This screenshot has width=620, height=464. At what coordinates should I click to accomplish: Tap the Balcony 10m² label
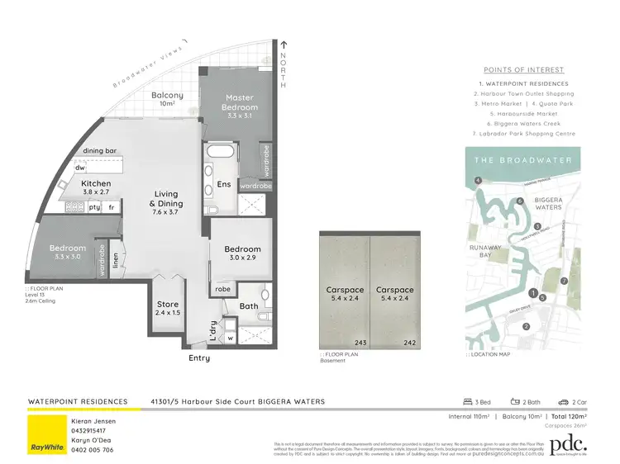click(167, 99)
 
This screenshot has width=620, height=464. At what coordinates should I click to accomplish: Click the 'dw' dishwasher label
click(80, 168)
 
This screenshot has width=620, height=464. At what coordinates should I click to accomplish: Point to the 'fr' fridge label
click(112, 208)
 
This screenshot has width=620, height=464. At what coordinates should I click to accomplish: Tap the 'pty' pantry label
click(94, 208)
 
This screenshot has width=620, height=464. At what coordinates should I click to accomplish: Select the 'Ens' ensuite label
click(223, 184)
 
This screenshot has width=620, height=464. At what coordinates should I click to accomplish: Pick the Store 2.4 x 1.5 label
click(167, 309)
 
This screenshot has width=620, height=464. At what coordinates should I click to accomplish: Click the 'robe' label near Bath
click(223, 290)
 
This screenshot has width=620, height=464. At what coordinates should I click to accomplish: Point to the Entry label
click(199, 358)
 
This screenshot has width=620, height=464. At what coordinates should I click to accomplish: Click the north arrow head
click(283, 45)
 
